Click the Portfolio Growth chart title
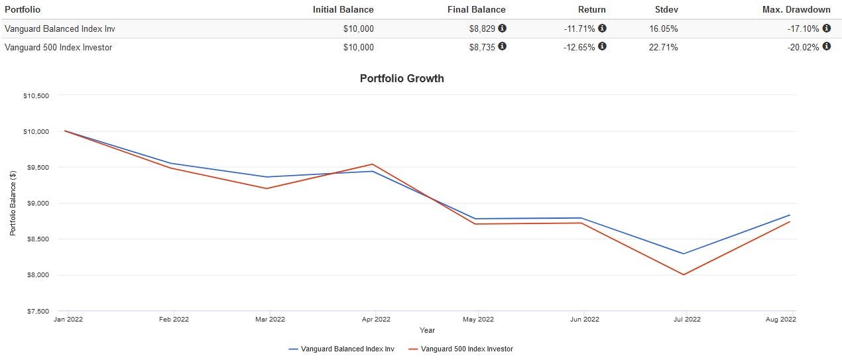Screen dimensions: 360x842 click(402, 78)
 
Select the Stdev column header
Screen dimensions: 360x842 click(665, 9)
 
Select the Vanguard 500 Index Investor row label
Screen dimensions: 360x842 click(58, 47)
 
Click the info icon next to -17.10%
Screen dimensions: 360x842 click(826, 29)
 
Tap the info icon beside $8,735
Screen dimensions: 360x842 click(502, 47)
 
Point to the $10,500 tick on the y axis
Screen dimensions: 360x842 click(36, 95)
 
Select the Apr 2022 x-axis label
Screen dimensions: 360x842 click(375, 320)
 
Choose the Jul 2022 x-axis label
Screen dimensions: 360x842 click(687, 320)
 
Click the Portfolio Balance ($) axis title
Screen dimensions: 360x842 click(13, 204)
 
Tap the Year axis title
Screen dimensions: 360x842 click(427, 330)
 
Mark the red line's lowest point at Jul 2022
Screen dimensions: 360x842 click(684, 274)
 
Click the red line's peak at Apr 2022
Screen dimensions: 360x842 click(373, 164)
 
